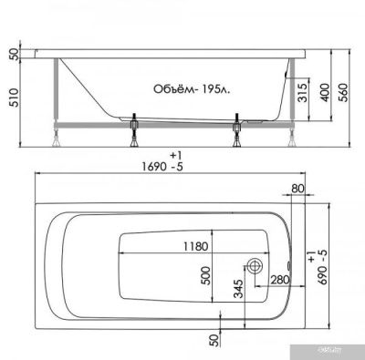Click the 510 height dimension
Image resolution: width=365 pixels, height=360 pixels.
point(11,104)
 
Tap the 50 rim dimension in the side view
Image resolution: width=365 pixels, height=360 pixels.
point(11,54)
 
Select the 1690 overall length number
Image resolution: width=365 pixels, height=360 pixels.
point(165,167)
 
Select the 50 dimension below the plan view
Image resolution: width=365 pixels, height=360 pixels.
point(214,339)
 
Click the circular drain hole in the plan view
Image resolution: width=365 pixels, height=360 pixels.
point(255,264)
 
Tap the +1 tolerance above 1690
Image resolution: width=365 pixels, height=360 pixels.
point(164,152)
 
